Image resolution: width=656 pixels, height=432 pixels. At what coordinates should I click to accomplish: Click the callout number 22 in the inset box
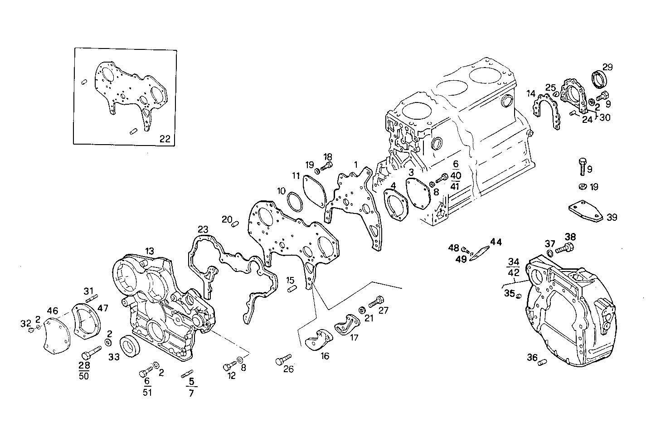(x=165, y=139)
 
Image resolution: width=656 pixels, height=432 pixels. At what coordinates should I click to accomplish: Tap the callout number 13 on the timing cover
(x=149, y=251)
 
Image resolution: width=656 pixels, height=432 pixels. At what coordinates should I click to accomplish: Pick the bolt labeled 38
(x=564, y=248)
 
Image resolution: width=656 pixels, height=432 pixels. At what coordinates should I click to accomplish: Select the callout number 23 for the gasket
(x=203, y=229)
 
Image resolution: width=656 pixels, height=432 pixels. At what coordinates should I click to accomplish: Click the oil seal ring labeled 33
(x=130, y=347)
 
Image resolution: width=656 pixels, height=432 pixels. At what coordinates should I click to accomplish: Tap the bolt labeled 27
(x=376, y=301)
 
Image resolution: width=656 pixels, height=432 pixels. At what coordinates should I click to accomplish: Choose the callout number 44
(x=496, y=243)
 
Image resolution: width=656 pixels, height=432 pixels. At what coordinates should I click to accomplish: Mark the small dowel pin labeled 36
(x=543, y=361)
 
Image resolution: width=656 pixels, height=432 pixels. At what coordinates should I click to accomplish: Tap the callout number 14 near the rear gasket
(x=531, y=94)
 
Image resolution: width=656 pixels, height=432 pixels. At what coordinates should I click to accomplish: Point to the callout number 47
(x=103, y=308)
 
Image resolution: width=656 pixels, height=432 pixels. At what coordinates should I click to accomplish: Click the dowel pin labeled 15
(x=292, y=289)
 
